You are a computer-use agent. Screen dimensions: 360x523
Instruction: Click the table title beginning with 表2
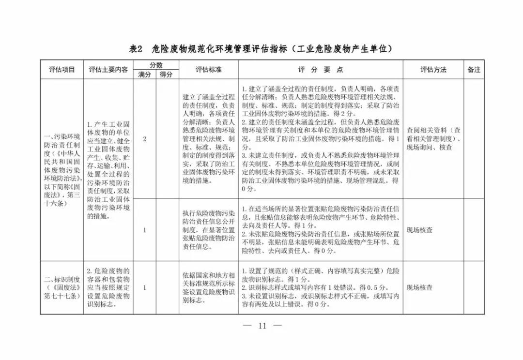pos(261,49)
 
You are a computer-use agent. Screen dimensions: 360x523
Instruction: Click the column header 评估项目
pos(62,70)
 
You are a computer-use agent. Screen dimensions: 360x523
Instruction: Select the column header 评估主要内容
pos(108,70)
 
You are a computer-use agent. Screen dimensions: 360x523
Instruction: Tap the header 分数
pos(156,65)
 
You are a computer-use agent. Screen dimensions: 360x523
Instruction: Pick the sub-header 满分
pos(144,75)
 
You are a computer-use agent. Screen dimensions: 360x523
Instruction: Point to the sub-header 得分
pos(167,75)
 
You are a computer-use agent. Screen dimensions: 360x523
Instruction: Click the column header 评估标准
pos(208,70)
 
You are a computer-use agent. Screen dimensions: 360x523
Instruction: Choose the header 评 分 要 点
pos(320,70)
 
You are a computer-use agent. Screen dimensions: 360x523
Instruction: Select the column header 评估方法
pos(433,70)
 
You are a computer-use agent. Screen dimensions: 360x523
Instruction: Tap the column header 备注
pos(474,70)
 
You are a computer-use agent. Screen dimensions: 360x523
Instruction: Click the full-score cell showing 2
pos(144,139)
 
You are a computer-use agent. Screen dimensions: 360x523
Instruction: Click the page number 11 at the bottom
pos(262,326)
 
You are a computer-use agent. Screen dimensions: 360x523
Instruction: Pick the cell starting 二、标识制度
pos(62,287)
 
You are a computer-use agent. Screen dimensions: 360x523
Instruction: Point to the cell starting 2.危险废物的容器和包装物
pos(108,287)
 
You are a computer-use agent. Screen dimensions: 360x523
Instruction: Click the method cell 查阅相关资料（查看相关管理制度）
pos(433,139)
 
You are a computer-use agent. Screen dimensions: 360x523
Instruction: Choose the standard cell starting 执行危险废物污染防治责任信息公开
pos(208,230)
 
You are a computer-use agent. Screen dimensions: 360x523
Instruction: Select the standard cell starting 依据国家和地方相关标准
pos(208,287)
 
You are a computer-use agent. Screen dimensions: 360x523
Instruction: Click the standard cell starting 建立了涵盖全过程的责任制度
pos(208,139)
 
